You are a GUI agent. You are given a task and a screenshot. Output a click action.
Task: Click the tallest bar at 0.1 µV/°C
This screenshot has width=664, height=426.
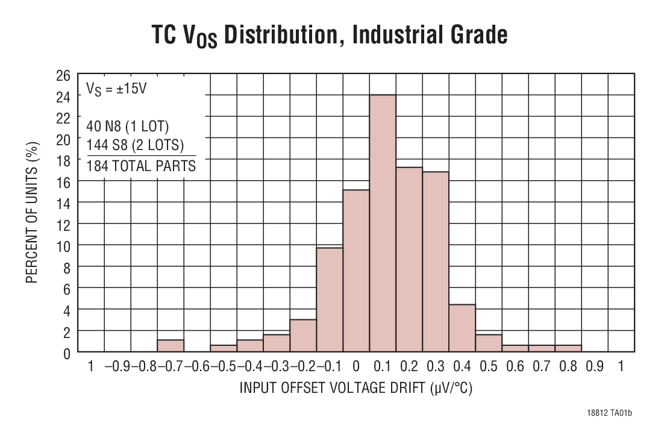click(x=383, y=223)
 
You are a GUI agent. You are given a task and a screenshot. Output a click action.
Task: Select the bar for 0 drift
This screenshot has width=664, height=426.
click(x=356, y=271)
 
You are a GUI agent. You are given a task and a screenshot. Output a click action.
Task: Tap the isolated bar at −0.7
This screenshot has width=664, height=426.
click(x=171, y=346)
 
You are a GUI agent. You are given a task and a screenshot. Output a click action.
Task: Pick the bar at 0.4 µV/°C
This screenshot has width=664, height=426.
click(x=462, y=328)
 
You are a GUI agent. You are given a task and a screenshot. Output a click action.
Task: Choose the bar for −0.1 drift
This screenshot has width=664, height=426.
click(x=330, y=299)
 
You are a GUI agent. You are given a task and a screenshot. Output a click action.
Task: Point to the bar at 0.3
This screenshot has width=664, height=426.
click(x=436, y=262)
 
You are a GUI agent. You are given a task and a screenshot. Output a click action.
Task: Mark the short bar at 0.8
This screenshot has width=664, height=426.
click(x=568, y=348)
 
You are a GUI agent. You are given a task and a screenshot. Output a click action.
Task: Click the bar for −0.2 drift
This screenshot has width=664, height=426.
click(x=303, y=336)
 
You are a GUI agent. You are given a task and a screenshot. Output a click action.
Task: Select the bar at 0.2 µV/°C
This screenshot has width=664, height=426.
click(x=409, y=260)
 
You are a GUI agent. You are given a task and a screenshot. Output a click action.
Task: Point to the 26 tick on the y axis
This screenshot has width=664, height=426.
click(x=64, y=75)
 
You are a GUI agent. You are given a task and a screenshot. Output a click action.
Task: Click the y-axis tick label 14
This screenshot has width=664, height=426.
click(x=64, y=202)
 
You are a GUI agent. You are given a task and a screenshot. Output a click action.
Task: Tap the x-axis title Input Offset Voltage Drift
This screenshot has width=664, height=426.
click(x=355, y=388)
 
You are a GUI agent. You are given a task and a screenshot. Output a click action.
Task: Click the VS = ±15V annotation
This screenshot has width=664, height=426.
click(x=117, y=89)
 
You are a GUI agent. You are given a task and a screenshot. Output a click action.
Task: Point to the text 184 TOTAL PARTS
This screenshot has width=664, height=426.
click(x=142, y=166)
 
